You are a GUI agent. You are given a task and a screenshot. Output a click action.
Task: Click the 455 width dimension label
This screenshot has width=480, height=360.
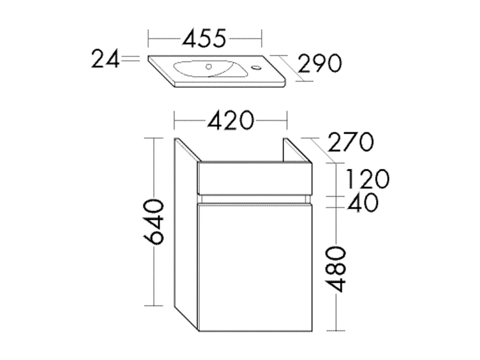tap(204, 38)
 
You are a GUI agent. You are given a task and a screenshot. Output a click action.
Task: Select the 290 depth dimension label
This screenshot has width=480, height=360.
tap(320, 63)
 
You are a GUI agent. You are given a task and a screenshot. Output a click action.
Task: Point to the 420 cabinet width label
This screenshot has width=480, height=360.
tap(230, 121)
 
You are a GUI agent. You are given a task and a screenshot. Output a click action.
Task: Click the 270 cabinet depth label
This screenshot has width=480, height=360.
tap(349, 142)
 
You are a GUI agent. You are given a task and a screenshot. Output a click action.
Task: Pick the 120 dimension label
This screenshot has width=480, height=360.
tap(367, 179)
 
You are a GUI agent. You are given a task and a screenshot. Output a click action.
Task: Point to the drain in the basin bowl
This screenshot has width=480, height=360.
tap(211, 67)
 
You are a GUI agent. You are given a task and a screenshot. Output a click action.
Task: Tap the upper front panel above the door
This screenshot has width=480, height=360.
tap(255, 177)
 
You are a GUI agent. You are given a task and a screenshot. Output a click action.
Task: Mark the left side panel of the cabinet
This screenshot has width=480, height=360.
tap(186, 234)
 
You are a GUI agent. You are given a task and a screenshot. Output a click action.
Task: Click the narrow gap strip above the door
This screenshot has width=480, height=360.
tap(255, 199)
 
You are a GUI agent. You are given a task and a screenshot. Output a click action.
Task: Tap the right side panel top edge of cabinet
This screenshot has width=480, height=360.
tap(297, 150)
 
